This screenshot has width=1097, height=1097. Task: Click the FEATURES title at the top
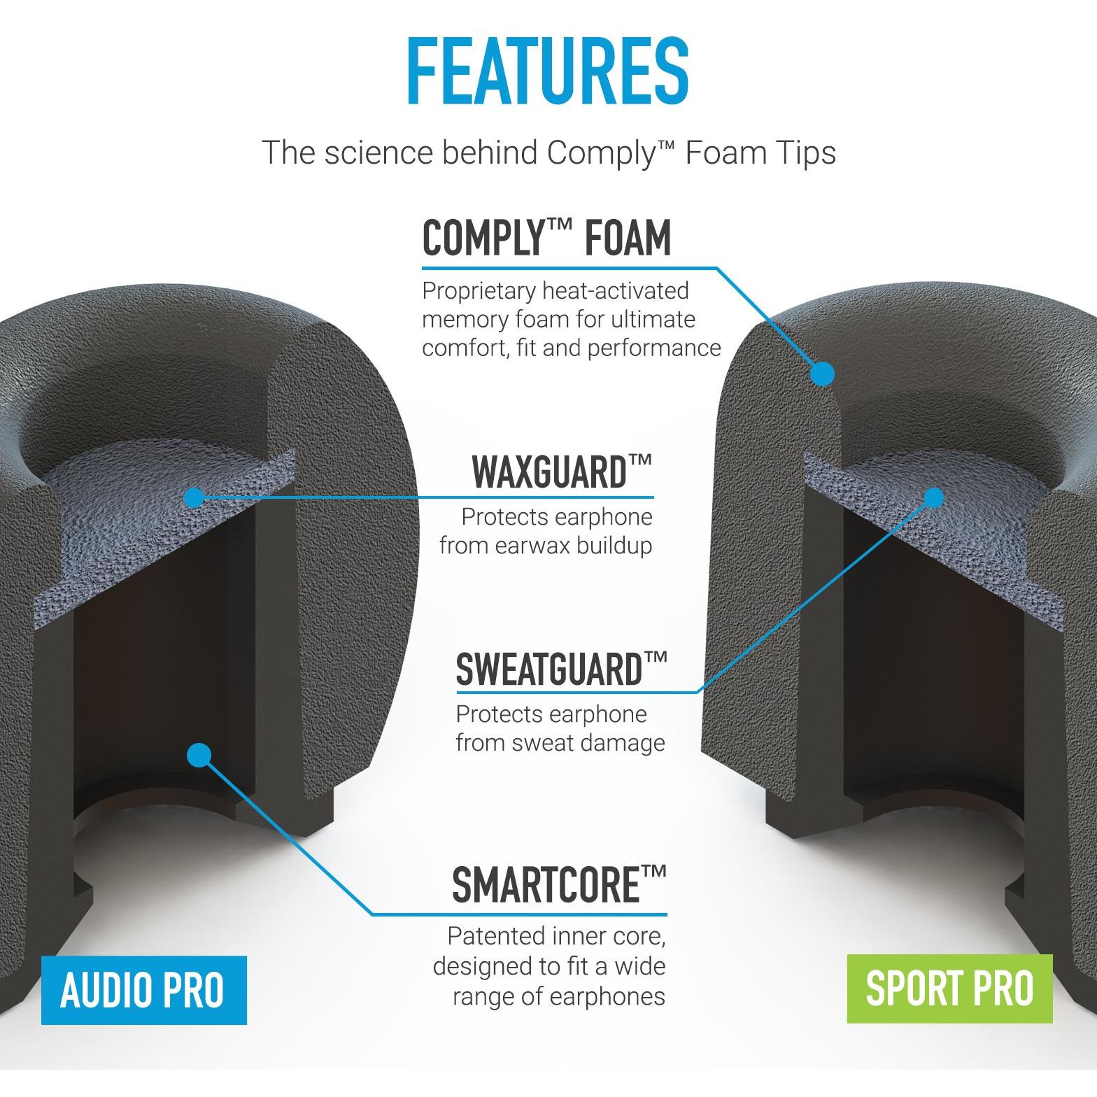tap(548, 73)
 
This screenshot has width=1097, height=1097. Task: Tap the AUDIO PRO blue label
tap(143, 990)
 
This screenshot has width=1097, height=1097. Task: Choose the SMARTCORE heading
tap(558, 884)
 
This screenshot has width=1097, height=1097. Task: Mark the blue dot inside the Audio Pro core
tap(199, 753)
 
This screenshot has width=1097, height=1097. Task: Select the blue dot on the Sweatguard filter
tap(934, 497)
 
